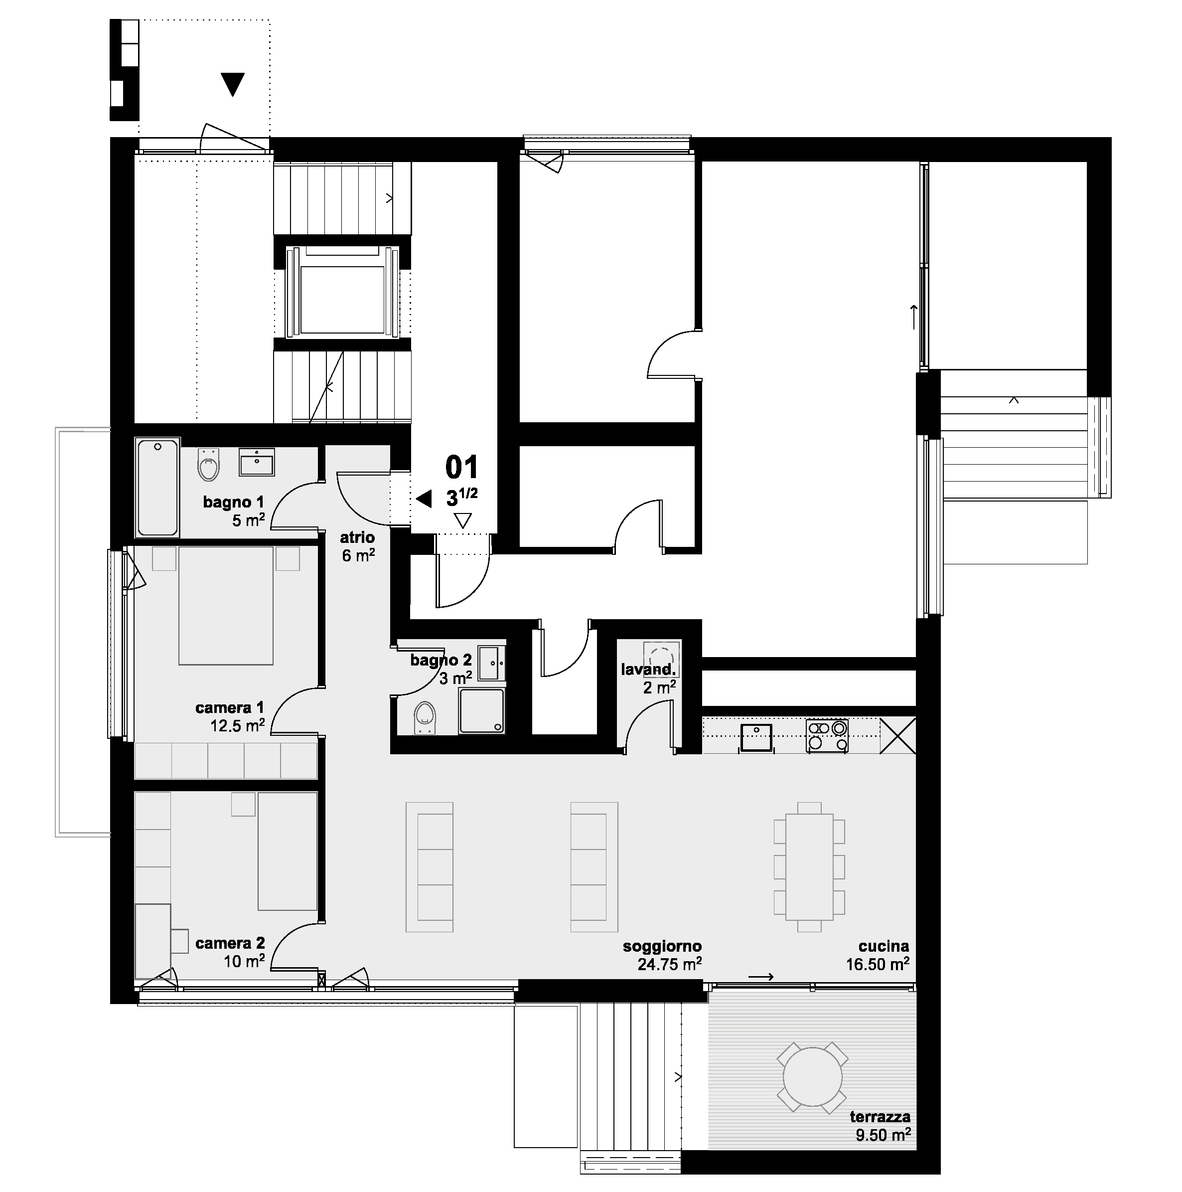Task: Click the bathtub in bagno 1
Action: [x=158, y=487]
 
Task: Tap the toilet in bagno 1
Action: [x=209, y=464]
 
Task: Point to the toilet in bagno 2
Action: [x=424, y=717]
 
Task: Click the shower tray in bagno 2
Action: [x=481, y=711]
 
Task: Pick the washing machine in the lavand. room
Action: [x=662, y=659]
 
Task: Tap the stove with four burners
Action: [x=827, y=736]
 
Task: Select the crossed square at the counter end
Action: [x=898, y=735]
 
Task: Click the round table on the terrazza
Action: [x=812, y=1077]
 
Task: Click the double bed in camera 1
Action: [x=226, y=605]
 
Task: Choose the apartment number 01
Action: [x=462, y=468]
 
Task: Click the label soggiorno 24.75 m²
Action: [x=662, y=955]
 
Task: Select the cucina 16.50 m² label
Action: [x=878, y=955]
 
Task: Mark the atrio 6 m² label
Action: [x=358, y=546]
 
